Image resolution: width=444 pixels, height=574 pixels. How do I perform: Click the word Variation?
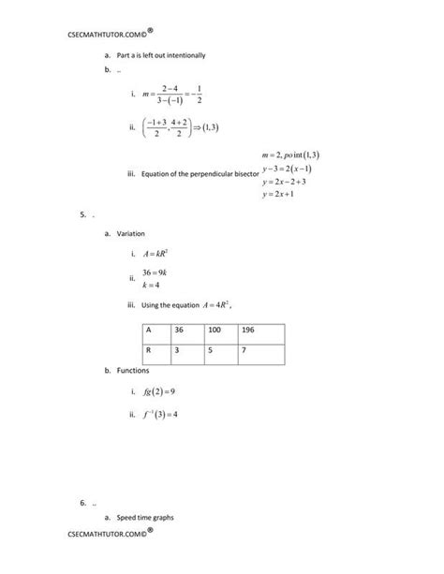(131, 233)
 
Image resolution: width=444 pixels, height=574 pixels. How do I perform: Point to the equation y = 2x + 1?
(279, 194)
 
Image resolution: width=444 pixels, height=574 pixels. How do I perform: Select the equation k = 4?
(152, 285)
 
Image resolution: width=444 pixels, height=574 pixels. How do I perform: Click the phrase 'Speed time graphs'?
(145, 517)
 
